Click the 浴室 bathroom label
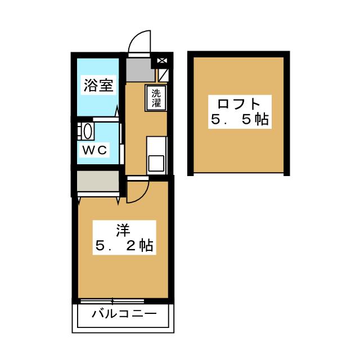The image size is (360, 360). click(98, 85)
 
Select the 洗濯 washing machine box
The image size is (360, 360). click(156, 98)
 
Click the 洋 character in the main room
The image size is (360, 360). click(123, 229)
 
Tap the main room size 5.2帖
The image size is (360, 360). click(123, 246)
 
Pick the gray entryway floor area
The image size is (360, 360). click(139, 68)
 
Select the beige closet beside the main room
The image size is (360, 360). click(97, 182)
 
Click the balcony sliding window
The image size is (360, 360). click(120, 300)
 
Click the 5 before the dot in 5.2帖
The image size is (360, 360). click(98, 246)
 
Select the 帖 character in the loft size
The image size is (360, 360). click(260, 120)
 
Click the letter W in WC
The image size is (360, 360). click(89, 150)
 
